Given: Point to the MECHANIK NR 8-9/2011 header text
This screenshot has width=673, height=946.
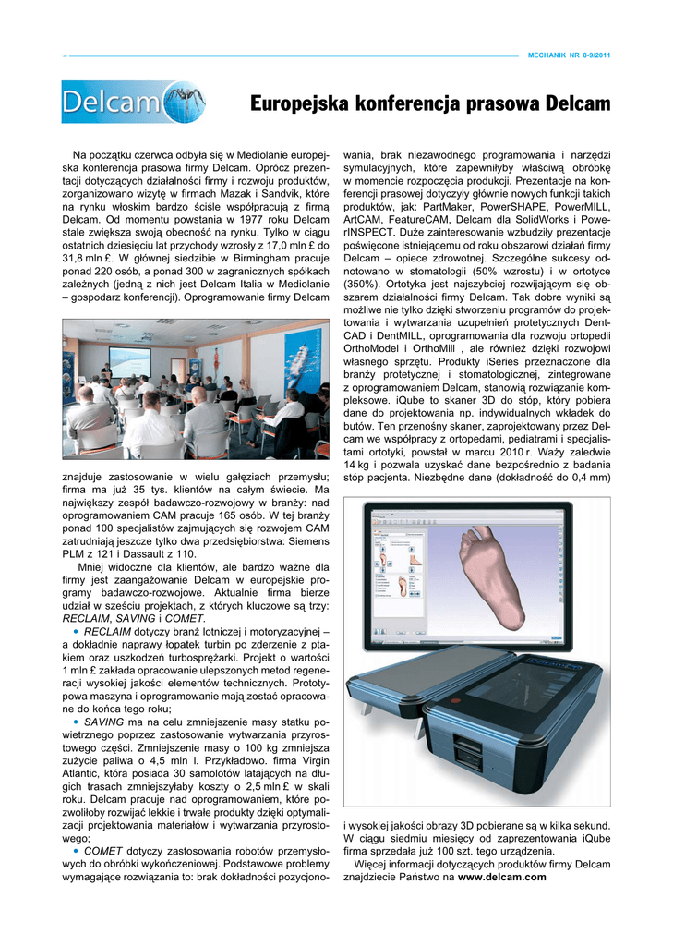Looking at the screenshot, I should point(569,55).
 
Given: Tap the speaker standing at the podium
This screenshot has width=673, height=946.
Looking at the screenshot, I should point(107,371).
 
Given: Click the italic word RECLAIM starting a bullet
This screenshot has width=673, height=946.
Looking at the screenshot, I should point(106,631).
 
